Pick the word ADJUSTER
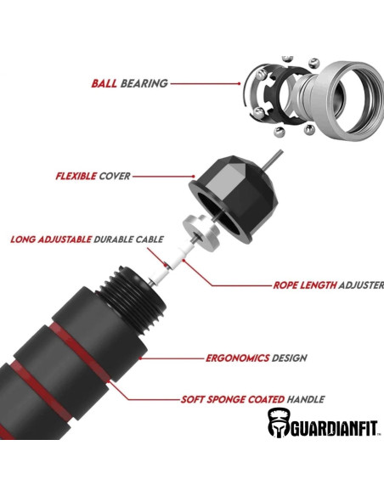[361, 285]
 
